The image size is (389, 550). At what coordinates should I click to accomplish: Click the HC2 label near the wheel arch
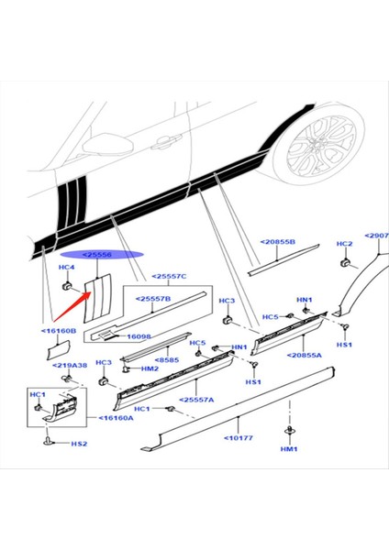(x=344, y=244)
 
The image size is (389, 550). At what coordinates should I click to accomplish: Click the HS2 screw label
(x=79, y=444)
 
